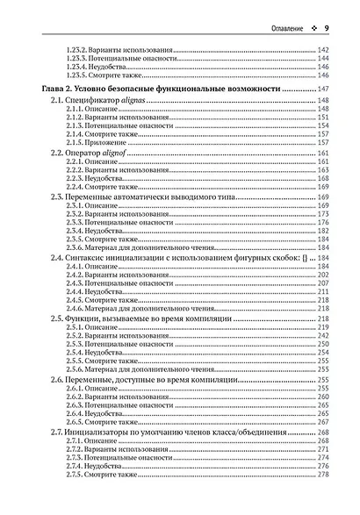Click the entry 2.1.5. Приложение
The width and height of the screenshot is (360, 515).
96,140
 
